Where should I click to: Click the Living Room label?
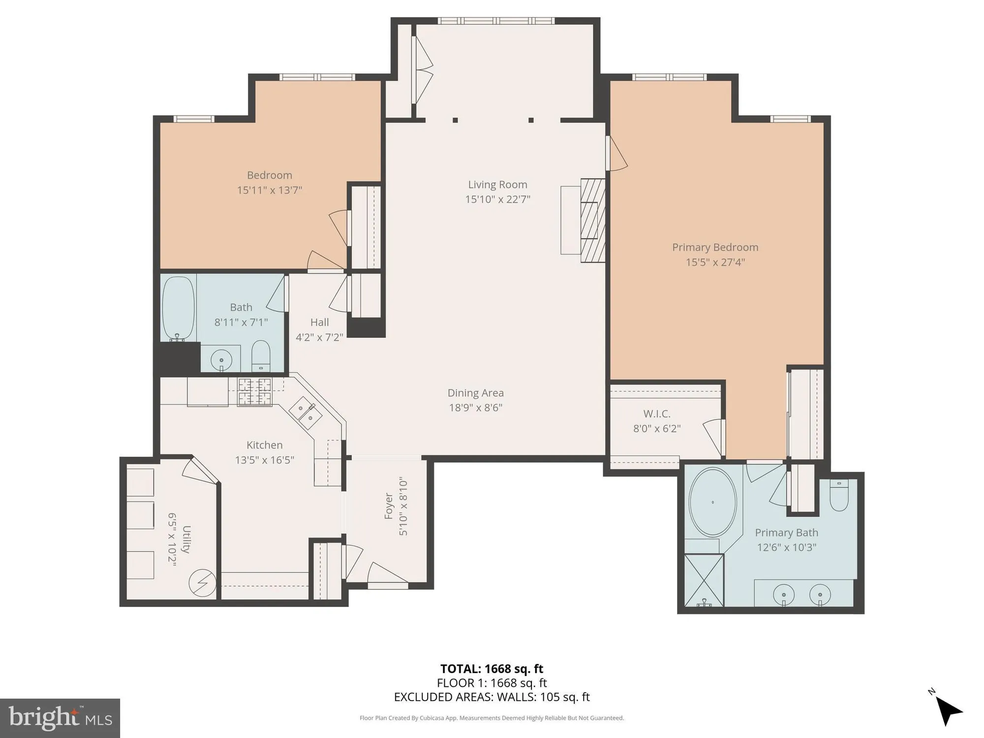497,184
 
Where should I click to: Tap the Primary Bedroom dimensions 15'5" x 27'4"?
715,262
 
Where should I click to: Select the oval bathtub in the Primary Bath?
712,502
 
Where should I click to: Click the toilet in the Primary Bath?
839,496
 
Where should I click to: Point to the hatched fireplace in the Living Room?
592,220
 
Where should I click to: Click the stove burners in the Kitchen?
255,392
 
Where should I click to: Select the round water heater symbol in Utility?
202,584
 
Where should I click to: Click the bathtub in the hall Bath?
179,308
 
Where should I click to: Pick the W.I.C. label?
657,414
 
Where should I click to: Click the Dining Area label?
475,393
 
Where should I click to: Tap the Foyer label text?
389,506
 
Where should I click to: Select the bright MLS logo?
60,718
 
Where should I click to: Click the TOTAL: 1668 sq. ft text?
492,669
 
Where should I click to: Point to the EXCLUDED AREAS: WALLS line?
492,697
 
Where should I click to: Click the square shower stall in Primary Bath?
704,580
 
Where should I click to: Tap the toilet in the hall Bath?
261,355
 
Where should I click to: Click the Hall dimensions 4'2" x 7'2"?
319,338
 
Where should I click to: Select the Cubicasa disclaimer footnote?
492,718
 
